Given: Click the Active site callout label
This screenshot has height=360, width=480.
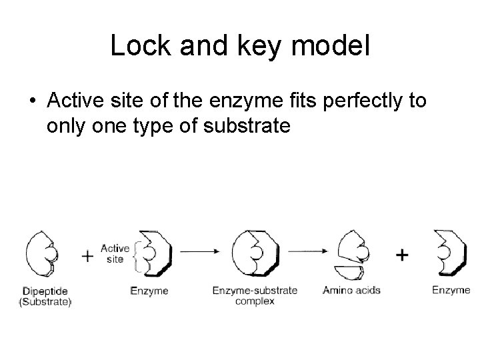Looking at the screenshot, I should [x=115, y=254].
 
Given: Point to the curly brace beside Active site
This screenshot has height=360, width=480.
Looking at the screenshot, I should [x=136, y=255].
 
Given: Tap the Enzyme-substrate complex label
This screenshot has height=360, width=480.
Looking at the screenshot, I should [x=255, y=295].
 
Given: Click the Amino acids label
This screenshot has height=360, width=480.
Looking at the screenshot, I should [x=351, y=290].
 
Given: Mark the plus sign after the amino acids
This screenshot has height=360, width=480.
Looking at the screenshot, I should [x=402, y=254].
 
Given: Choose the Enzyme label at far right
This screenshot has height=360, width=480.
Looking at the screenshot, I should [x=451, y=290].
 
